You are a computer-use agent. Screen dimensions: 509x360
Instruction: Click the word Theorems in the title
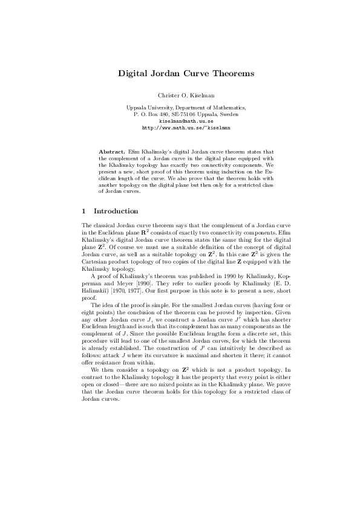229,74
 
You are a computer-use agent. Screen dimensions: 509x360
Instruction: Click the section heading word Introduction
116,211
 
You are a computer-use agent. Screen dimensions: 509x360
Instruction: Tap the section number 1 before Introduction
83,211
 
